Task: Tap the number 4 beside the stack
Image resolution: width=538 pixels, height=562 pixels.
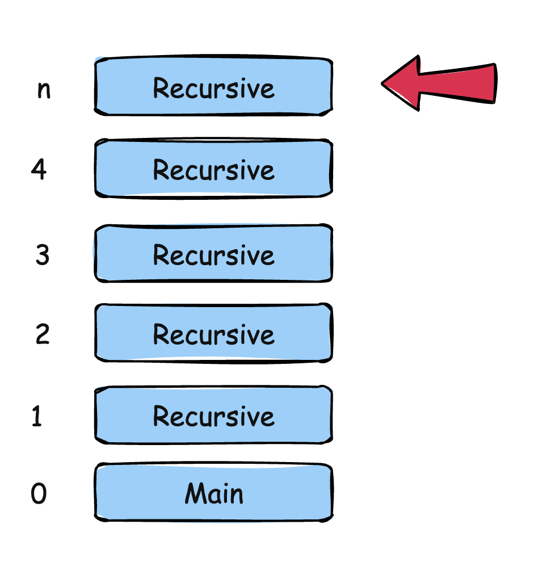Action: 39,169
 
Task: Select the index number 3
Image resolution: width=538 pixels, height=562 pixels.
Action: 43,255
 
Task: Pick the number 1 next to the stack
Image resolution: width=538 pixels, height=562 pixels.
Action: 37,417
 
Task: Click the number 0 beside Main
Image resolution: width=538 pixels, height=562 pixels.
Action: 39,494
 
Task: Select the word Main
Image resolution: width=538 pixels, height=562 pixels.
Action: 214,493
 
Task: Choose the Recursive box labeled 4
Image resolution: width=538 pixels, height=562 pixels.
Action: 213,169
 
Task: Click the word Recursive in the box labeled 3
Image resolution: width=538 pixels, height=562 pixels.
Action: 213,255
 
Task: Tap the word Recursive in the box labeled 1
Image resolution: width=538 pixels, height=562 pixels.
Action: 213,417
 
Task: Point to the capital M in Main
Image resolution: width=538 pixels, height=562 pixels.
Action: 195,493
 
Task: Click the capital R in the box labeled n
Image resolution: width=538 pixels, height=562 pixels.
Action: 161,88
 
